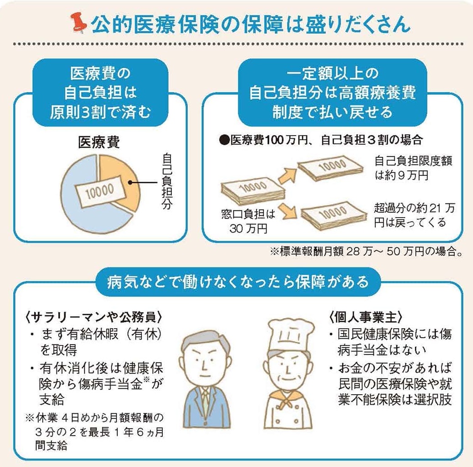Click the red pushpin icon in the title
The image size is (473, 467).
coord(79,23)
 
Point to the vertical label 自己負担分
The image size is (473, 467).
coord(167,181)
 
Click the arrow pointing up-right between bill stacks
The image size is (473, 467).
coord(287,176)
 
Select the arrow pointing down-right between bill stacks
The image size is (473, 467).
coord(287,211)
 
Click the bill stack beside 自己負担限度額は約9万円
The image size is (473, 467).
coord(331,168)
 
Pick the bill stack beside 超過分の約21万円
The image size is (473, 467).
coord(334,215)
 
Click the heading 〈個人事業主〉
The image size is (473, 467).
coord(366,317)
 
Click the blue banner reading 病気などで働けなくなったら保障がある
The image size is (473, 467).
coord(238,282)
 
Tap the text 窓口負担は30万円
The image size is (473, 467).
coord(248,221)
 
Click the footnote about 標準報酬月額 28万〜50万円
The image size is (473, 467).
coord(366,251)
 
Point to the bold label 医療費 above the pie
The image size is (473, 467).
coord(99,142)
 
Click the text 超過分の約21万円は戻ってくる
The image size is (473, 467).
coord(414,215)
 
